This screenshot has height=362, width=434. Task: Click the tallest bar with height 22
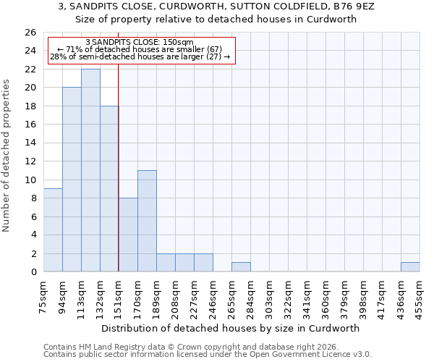pos(90,170)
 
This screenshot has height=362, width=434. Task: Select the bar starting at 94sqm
pos(72,180)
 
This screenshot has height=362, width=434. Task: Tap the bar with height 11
pos(147,221)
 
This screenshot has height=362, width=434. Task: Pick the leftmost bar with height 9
pos(53,230)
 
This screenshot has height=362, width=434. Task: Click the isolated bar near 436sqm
pos(410,267)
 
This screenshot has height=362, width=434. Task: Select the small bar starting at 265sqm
pos(241,267)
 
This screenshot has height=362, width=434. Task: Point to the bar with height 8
pos(128,235)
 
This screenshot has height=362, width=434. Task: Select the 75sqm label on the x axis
pos(43,295)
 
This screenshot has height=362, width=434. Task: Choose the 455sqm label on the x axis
pos(420,295)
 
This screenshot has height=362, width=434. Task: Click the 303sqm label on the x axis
pos(269,295)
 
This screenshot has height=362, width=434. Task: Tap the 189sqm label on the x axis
pos(156,295)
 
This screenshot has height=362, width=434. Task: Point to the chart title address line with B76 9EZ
pos(216,7)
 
